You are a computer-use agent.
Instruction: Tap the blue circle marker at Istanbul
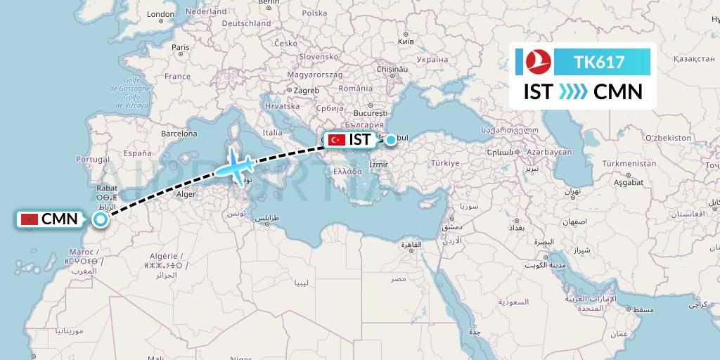390,140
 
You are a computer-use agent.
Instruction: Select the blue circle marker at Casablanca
101,219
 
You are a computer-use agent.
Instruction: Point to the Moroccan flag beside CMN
29,220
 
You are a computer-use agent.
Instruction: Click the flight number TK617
599,62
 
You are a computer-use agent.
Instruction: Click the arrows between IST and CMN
572,92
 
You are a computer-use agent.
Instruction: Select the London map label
160,14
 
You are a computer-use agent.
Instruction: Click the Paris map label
181,48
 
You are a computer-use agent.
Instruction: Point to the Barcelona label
179,133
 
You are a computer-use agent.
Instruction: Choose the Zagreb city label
306,90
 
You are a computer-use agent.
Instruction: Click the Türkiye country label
445,163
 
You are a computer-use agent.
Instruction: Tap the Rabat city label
107,188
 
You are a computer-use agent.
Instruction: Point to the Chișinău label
392,69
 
